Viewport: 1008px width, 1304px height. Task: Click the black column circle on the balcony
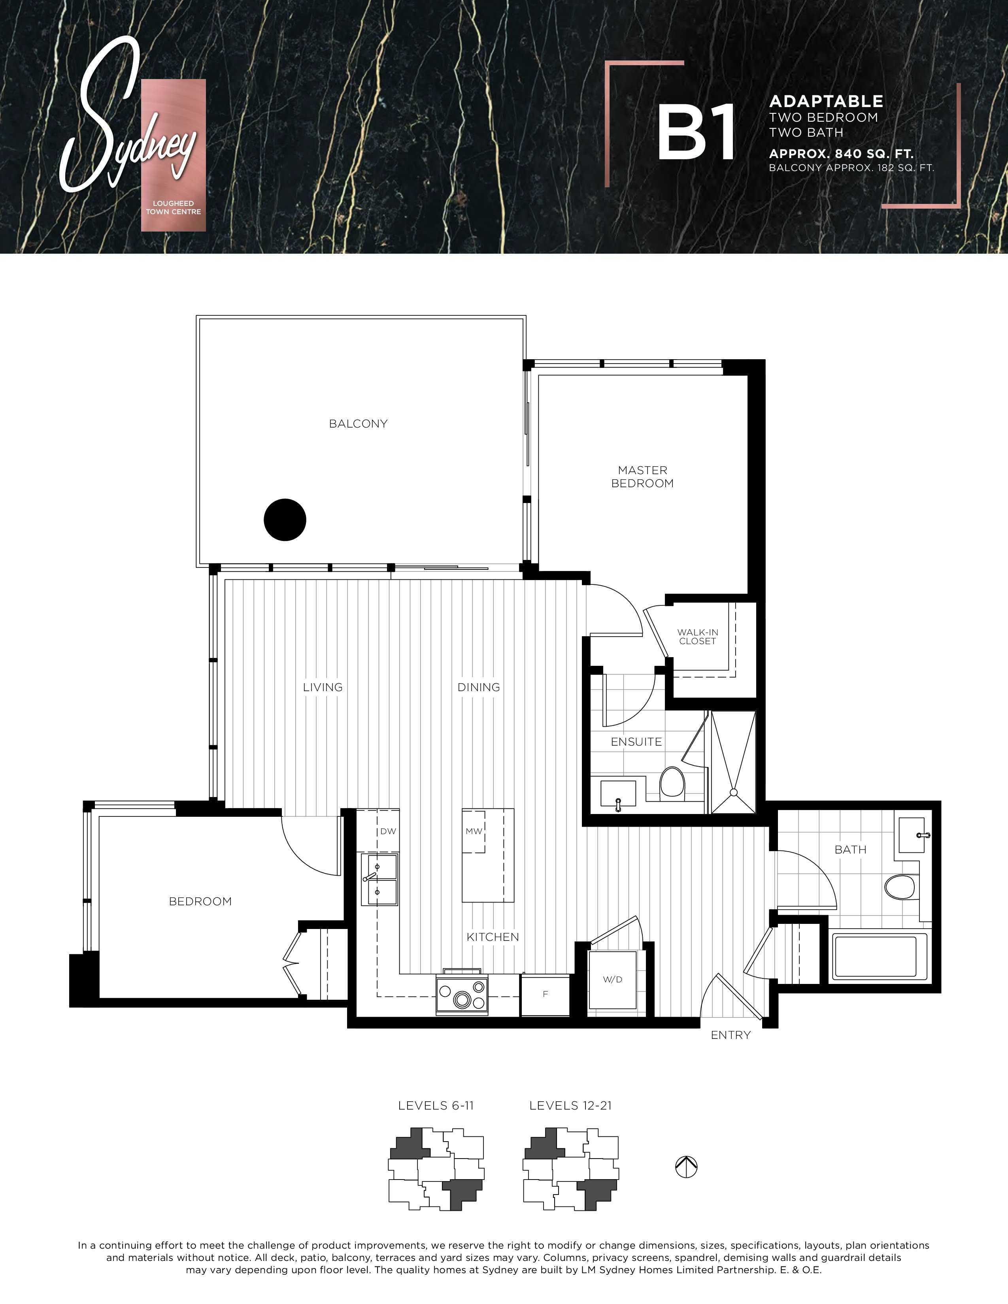(285, 520)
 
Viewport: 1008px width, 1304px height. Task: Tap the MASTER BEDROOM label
(642, 477)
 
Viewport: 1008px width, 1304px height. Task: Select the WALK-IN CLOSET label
(697, 637)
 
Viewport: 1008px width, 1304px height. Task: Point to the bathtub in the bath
(879, 957)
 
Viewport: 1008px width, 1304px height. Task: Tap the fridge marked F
(545, 995)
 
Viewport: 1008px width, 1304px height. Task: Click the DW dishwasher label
(388, 831)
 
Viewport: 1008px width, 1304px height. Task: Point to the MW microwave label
(474, 831)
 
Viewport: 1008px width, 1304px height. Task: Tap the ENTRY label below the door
(731, 1035)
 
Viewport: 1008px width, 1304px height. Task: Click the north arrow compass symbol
(686, 1166)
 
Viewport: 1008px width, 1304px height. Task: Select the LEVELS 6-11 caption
(436, 1106)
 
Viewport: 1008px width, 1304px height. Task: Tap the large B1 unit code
(696, 132)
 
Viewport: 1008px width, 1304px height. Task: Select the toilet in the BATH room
(900, 887)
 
